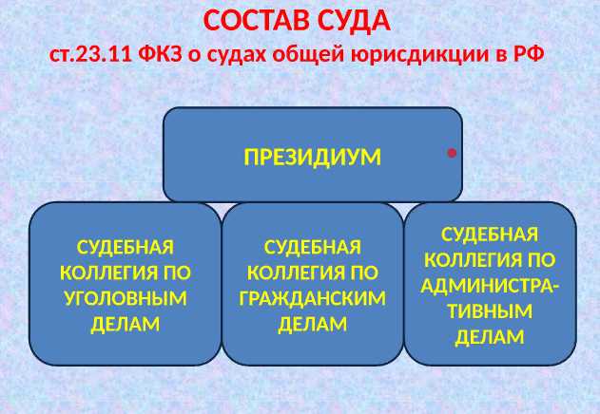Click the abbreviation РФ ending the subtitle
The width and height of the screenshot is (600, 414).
pyautogui.click(x=527, y=53)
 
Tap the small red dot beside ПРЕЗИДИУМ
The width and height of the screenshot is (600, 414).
pyautogui.click(x=453, y=151)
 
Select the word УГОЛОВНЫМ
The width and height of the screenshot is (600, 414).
pyautogui.click(x=125, y=298)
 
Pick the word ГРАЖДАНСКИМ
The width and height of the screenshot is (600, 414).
pyautogui.click(x=313, y=298)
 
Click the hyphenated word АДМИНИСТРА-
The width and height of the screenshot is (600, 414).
pyautogui.click(x=490, y=285)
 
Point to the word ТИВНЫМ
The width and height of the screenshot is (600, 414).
pyautogui.click(x=490, y=310)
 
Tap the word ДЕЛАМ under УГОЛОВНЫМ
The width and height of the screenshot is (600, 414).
pyautogui.click(x=125, y=324)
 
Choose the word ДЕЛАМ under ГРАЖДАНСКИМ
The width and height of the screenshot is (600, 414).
pyautogui.click(x=313, y=324)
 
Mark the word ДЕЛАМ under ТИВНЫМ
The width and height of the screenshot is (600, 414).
pyautogui.click(x=490, y=336)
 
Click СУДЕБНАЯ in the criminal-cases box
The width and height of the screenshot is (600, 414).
pyautogui.click(x=125, y=247)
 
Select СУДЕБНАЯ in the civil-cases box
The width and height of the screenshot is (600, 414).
pyautogui.click(x=313, y=247)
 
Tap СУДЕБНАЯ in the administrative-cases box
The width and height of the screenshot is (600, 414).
pyautogui.click(x=490, y=234)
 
